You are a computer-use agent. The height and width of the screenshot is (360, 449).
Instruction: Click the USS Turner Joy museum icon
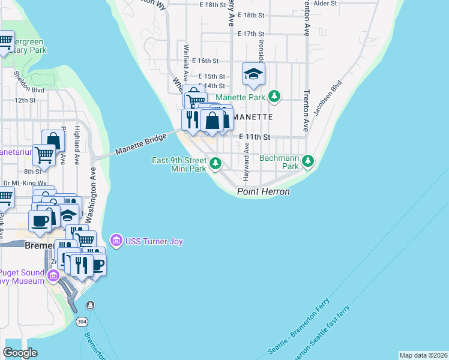116,241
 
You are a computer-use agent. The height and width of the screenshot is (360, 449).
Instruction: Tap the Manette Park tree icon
274,97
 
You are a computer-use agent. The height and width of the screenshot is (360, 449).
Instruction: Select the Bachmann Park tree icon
308,161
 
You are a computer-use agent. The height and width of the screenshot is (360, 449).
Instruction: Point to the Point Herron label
264,192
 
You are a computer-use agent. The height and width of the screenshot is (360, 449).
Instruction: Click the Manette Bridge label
140,143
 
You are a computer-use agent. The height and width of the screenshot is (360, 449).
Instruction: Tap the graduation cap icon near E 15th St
253,74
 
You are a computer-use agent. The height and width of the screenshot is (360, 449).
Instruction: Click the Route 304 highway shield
82,322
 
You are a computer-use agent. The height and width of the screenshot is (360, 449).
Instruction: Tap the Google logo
20,353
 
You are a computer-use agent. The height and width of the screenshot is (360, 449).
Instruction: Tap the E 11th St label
255,137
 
